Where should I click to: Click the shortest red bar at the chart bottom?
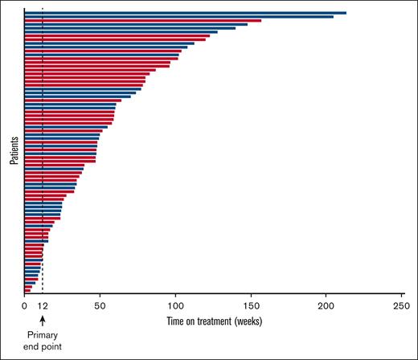pos(27,290)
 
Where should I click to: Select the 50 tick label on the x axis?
pos(100,307)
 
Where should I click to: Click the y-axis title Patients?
pos(14,150)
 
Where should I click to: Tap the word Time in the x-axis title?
pos(177,321)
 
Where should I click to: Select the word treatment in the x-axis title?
pos(215,321)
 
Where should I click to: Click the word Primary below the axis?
pos(42,334)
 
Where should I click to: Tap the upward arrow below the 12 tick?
pos(42,320)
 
